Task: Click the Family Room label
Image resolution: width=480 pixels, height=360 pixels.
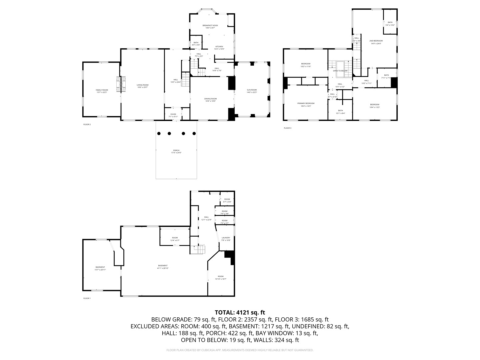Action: (102, 90)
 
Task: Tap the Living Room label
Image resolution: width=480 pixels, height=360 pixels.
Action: (142, 85)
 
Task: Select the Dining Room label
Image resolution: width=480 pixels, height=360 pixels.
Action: (211, 99)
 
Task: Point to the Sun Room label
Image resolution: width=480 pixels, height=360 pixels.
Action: (252, 90)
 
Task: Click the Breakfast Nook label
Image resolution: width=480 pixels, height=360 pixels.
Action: (210, 25)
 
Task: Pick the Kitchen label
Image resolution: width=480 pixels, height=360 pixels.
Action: (219, 46)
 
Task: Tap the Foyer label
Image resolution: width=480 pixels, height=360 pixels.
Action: (173, 114)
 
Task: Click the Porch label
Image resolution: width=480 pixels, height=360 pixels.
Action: (176, 150)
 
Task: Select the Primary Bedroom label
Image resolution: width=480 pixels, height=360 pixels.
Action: (306, 103)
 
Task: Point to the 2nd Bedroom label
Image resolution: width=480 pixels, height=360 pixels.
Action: (376, 41)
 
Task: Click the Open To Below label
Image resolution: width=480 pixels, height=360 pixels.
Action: (340, 71)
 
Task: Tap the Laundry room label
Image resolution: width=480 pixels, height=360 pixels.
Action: (226, 238)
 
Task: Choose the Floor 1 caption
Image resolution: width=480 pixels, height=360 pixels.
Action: (87, 298)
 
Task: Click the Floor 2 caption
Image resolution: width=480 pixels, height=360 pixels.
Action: (87, 124)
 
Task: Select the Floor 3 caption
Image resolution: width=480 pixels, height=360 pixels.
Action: (288, 128)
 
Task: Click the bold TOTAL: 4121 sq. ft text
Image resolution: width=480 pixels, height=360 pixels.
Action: (240, 312)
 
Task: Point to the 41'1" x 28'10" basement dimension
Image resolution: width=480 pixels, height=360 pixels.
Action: (163, 268)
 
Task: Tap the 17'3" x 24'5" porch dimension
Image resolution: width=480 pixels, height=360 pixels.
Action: (176, 153)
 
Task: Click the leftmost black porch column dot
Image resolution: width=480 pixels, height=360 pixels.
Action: (159, 133)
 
